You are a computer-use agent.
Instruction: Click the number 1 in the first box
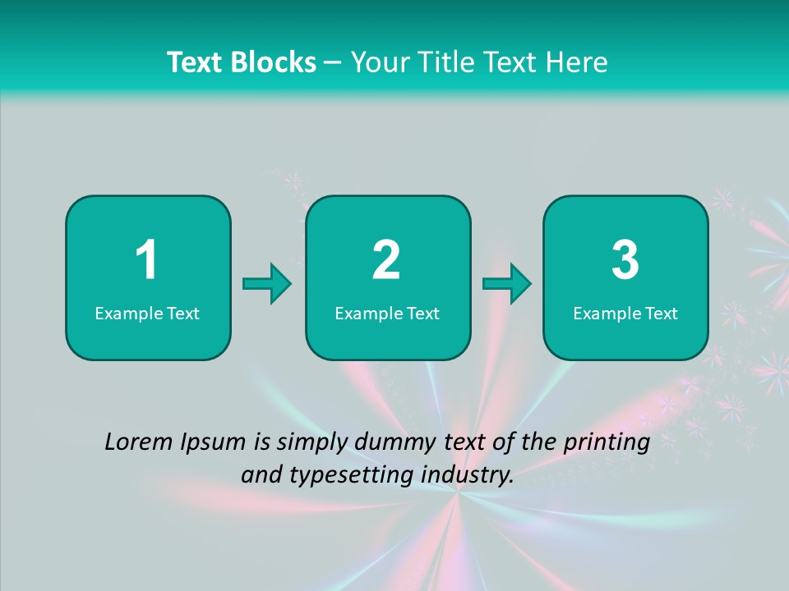coord(146,261)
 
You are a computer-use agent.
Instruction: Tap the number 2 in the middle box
coord(386,261)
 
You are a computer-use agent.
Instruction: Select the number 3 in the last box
coord(625,261)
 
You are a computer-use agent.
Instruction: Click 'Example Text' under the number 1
coord(147,314)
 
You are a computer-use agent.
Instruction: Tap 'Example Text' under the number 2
coord(387,314)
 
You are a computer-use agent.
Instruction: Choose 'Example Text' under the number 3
coord(625,314)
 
